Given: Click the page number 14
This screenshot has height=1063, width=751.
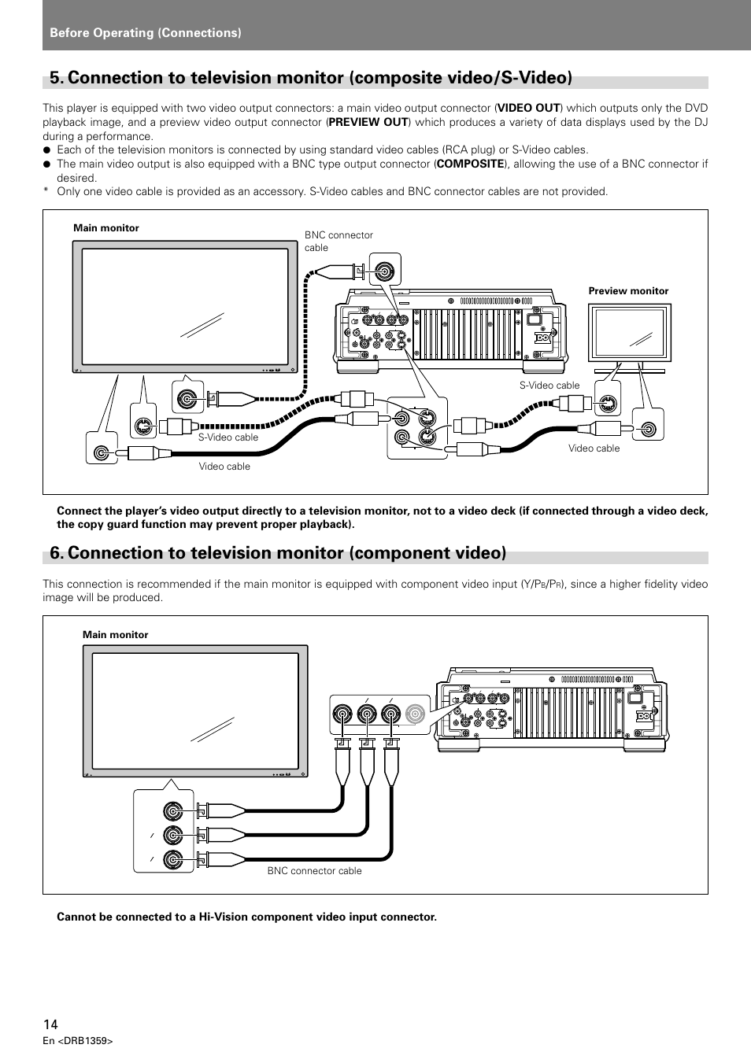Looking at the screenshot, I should (x=50, y=1024).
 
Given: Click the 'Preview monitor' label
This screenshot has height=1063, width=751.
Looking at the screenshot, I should (x=628, y=290).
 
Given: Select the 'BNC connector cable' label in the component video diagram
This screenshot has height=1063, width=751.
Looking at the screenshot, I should (x=314, y=870).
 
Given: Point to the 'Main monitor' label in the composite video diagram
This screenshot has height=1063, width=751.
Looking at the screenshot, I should (x=105, y=227).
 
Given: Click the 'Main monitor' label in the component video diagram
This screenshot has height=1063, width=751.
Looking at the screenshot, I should (x=115, y=634).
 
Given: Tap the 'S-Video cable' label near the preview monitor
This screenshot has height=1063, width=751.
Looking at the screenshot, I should (x=549, y=386).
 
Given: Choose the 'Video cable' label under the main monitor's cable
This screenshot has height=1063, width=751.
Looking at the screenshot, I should (x=224, y=467).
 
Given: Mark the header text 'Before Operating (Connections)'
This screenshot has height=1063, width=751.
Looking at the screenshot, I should (x=146, y=32).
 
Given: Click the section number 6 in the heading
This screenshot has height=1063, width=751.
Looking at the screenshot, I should (x=55, y=552).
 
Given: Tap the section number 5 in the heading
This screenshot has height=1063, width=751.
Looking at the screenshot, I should (x=55, y=77).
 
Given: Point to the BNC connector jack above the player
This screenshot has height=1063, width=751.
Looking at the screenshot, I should (x=385, y=271).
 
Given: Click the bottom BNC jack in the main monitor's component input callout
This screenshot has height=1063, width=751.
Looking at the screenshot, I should (x=173, y=859).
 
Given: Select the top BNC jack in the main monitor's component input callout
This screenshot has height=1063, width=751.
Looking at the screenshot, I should (x=173, y=811).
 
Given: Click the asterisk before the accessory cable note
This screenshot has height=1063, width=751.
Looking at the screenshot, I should (x=46, y=191).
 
